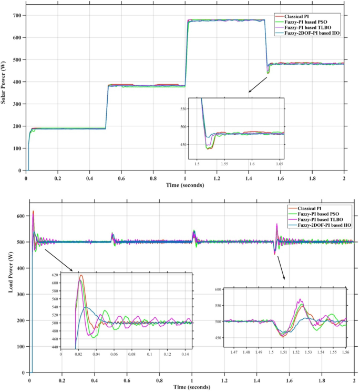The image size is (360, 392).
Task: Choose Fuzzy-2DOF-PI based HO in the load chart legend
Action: coord(319,225)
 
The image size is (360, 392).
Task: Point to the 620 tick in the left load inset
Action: coord(55,275)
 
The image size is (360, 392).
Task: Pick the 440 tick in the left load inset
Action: coord(55,347)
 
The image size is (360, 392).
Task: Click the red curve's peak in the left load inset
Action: coord(81,276)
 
